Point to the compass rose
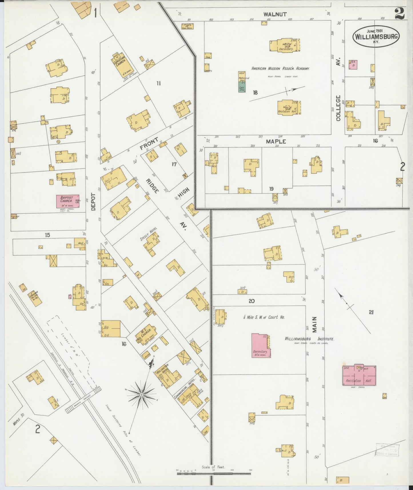[x=141, y=395]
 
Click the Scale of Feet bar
[x=214, y=474]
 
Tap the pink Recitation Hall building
[x=359, y=375]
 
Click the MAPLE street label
[x=276, y=142]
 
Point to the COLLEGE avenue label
[x=339, y=108]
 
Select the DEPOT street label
[x=93, y=202]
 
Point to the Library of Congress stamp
[x=387, y=450]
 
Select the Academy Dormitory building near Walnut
[x=285, y=45]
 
